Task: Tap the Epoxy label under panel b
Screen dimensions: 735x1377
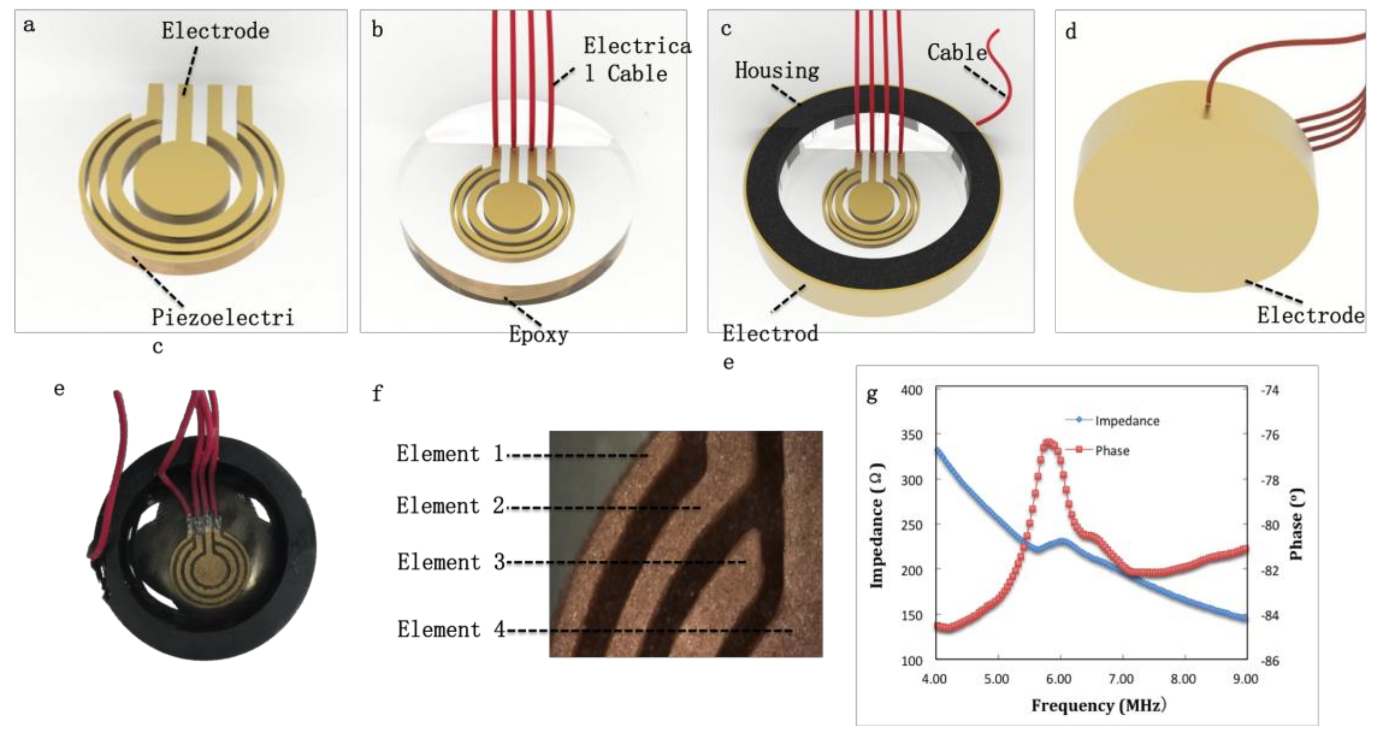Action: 538,335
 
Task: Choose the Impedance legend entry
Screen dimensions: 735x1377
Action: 1127,421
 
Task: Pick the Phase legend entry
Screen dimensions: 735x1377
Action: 1112,451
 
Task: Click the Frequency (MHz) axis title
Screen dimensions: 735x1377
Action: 1098,706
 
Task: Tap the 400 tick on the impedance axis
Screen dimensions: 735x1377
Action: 912,390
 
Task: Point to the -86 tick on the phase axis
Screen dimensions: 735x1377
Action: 1270,661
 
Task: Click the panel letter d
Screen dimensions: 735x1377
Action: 1071,32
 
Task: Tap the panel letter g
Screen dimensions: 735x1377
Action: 872,395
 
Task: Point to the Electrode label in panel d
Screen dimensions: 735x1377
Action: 1310,316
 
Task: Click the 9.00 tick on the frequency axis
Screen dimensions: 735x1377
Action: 1246,679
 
